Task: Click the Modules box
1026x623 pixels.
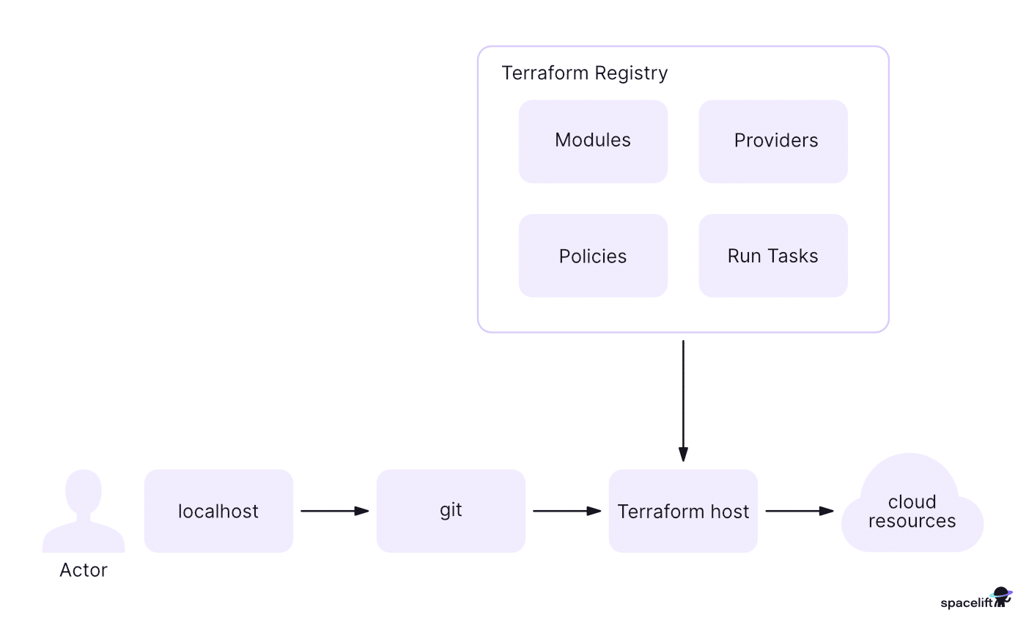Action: [x=593, y=141]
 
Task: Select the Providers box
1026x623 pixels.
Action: [x=773, y=141]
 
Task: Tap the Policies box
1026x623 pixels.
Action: [x=593, y=256]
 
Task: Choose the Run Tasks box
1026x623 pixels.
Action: [x=773, y=256]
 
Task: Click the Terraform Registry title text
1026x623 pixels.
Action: [x=584, y=73]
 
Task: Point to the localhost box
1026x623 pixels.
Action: [x=218, y=511]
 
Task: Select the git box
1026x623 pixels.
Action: [x=451, y=511]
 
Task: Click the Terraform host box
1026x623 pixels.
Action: [x=683, y=511]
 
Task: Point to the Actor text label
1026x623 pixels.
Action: [x=84, y=570]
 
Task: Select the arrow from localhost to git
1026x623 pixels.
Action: [x=334, y=511]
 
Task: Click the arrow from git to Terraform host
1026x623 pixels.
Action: [x=566, y=511]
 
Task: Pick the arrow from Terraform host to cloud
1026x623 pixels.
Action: [x=799, y=511]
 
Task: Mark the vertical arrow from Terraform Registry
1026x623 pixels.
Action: [x=683, y=399]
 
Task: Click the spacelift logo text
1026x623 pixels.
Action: [x=966, y=603]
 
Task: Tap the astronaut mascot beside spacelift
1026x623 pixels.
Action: [x=1001, y=597]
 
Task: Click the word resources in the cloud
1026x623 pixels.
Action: [x=912, y=521]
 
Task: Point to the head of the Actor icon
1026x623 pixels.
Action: [x=84, y=490]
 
